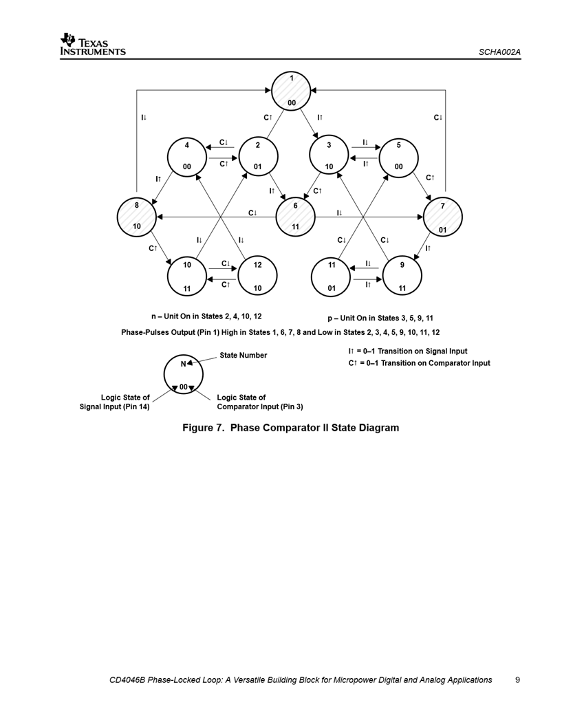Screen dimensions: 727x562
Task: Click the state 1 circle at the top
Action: click(292, 91)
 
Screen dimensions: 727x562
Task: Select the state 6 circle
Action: click(295, 216)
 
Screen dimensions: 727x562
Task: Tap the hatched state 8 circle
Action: click(137, 215)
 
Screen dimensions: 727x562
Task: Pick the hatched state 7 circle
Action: click(443, 217)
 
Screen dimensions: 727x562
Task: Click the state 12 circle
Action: click(257, 276)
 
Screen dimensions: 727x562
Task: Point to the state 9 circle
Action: click(402, 276)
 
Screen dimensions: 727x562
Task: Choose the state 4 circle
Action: click(187, 156)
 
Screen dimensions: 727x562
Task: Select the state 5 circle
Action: click(398, 156)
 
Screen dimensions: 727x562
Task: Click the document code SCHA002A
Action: click(499, 52)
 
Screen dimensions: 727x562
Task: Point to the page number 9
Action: click(517, 680)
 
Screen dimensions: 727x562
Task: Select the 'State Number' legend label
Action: click(243, 355)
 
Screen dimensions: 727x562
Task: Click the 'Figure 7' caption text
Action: click(290, 428)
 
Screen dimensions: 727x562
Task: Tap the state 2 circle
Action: click(257, 156)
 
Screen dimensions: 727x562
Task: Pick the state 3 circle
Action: click(329, 156)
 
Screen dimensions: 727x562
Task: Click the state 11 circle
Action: click(331, 276)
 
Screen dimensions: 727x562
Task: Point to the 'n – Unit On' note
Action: click(206, 316)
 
